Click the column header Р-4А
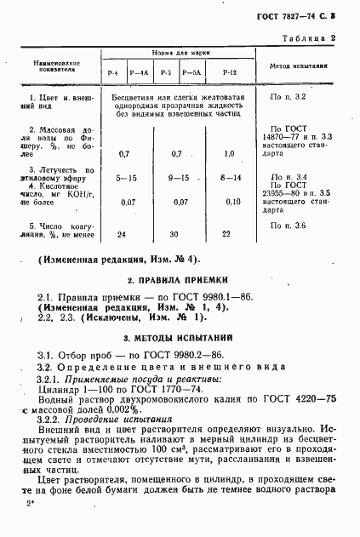(140, 74)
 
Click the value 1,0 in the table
(228, 153)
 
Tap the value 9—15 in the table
(177, 178)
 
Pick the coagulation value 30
(177, 234)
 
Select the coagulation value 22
(226, 234)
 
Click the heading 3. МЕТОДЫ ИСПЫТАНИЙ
(179, 338)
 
